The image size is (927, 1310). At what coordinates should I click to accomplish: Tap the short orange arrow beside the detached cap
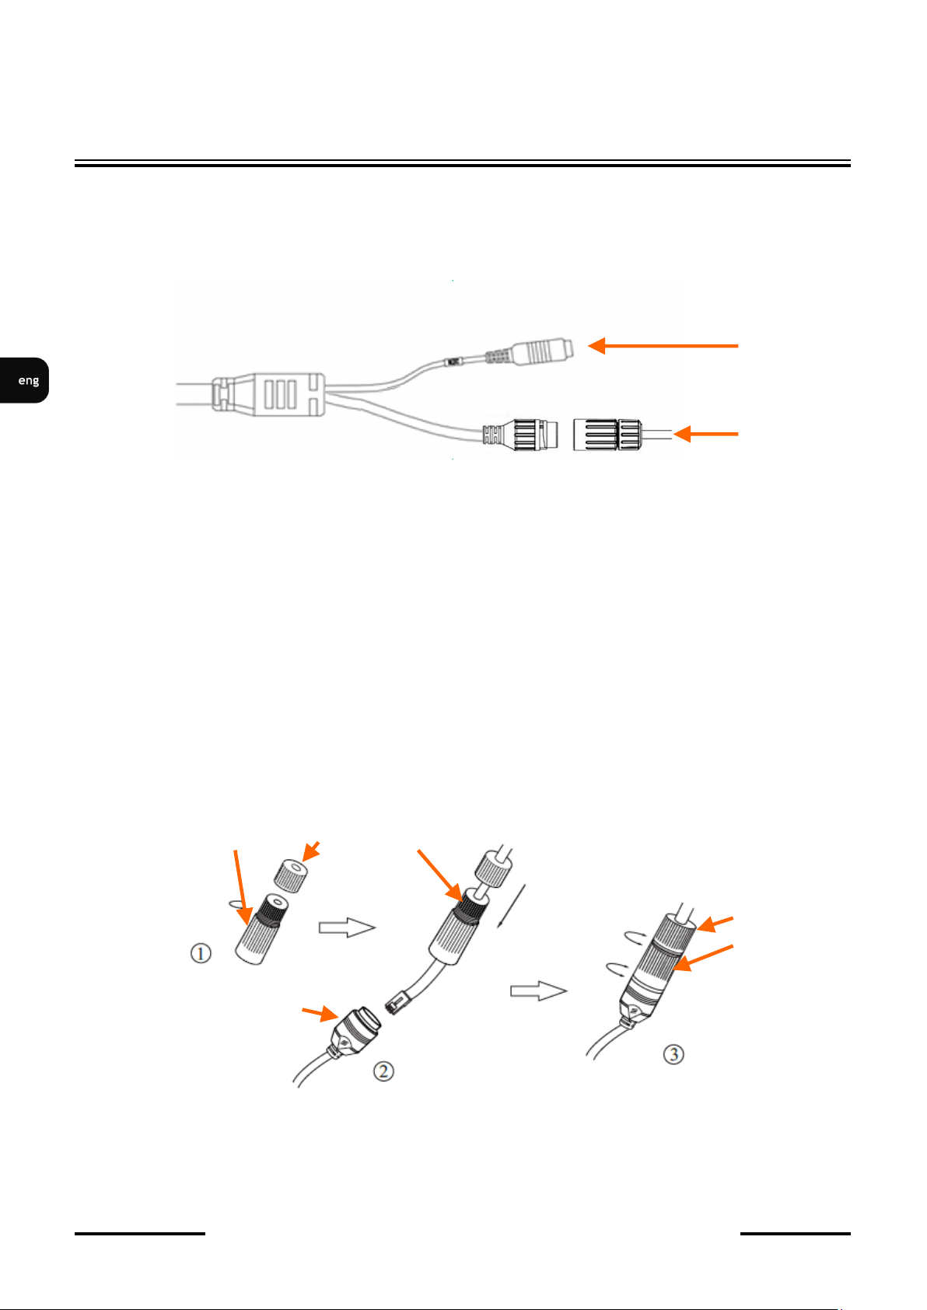pos(705,434)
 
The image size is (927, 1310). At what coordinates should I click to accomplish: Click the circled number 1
pos(201,952)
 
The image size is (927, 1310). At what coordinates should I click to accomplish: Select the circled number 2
pos(383,1071)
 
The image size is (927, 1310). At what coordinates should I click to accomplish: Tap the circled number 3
pos(673,1054)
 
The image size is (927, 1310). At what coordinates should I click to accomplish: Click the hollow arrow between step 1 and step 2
pos(347,927)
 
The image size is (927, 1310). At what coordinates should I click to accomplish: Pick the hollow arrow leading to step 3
pos(538,991)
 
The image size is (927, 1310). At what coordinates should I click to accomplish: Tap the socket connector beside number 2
pos(354,1027)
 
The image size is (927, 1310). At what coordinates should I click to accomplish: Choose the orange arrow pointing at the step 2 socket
pos(319,1012)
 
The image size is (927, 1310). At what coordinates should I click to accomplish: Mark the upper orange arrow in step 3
pos(715,923)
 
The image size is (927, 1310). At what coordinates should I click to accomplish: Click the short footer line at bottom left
pos(140,1234)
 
